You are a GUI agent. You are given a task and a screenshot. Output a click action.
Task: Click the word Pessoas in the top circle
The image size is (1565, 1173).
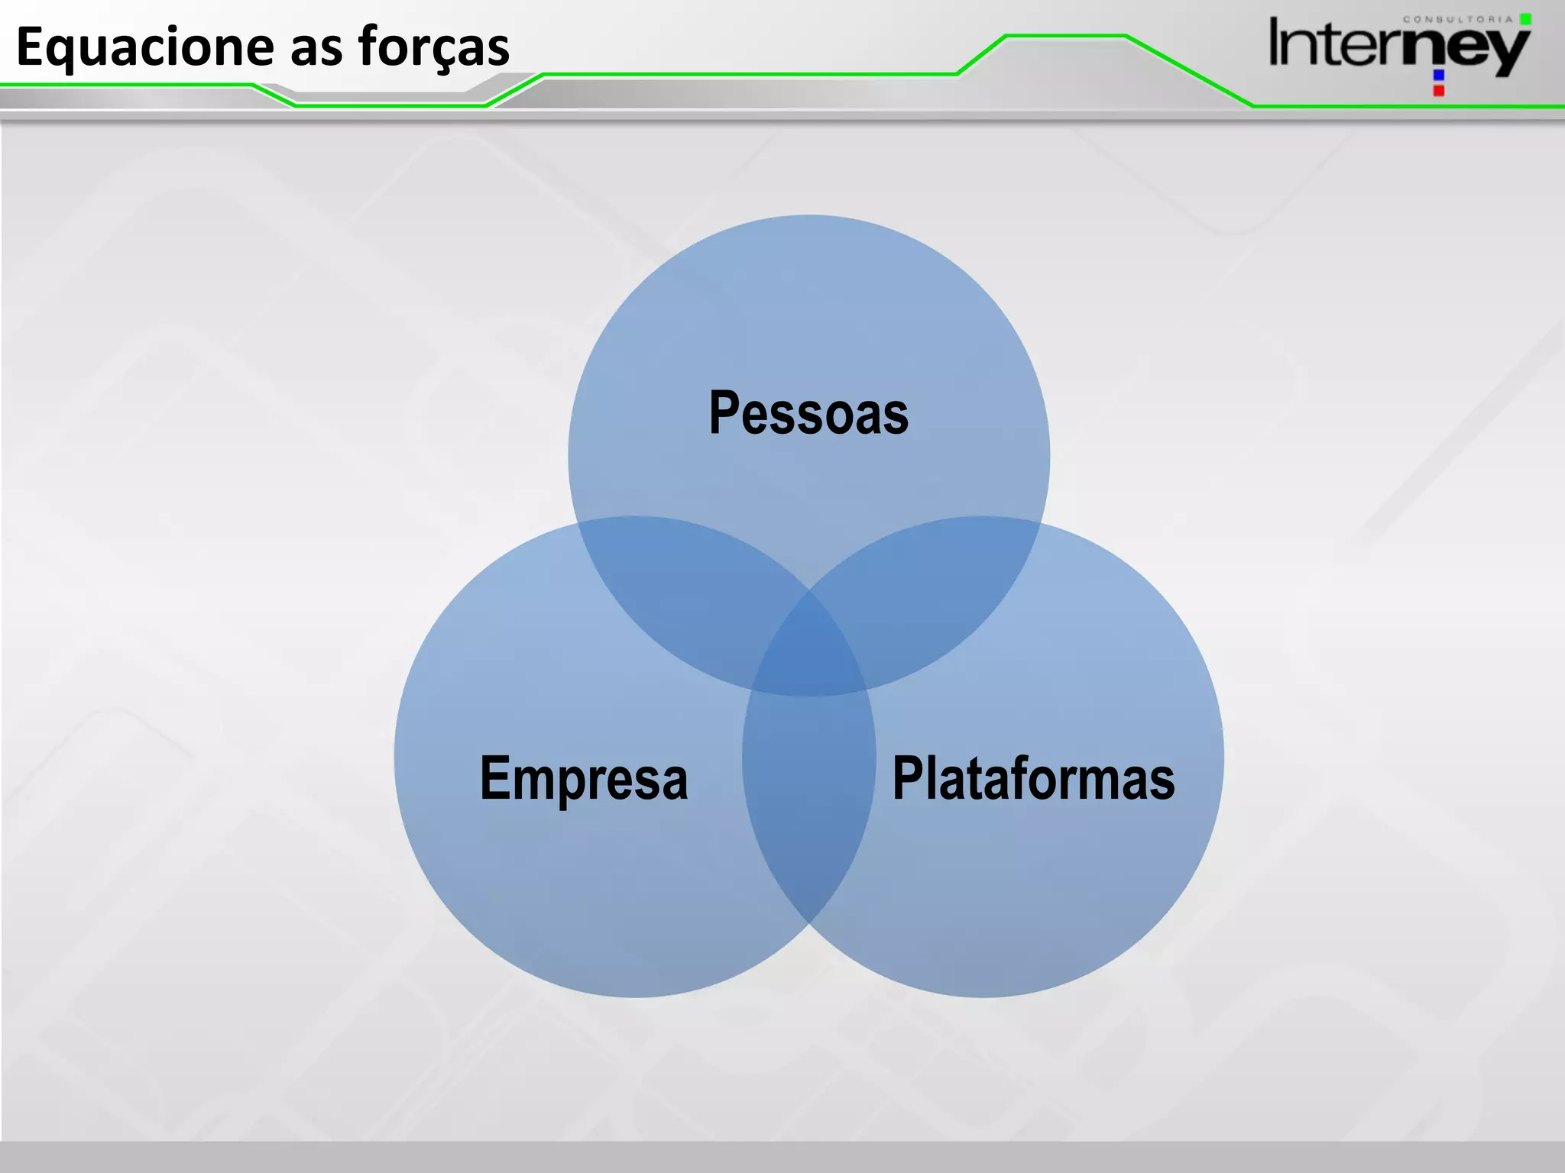pos(808,413)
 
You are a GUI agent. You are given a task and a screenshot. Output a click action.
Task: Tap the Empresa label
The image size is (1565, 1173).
pos(584,778)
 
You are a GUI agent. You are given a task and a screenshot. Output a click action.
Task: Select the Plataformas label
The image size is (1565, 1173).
pos(1033,778)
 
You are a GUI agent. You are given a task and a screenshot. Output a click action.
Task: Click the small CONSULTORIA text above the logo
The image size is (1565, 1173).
pos(1457,19)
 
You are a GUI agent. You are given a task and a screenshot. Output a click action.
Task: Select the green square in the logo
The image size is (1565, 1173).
pos(1525,19)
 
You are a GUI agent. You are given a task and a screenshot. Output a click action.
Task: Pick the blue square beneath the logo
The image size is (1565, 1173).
pos(1439,75)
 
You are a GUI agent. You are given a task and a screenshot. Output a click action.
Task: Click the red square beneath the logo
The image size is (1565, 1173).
pos(1439,91)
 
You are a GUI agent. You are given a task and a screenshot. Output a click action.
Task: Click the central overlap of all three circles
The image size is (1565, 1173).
pos(809,649)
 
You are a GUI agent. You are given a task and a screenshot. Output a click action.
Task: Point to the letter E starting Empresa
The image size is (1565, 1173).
pos(494,778)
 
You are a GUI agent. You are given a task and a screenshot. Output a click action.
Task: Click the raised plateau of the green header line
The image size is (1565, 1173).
pos(1066,35)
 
